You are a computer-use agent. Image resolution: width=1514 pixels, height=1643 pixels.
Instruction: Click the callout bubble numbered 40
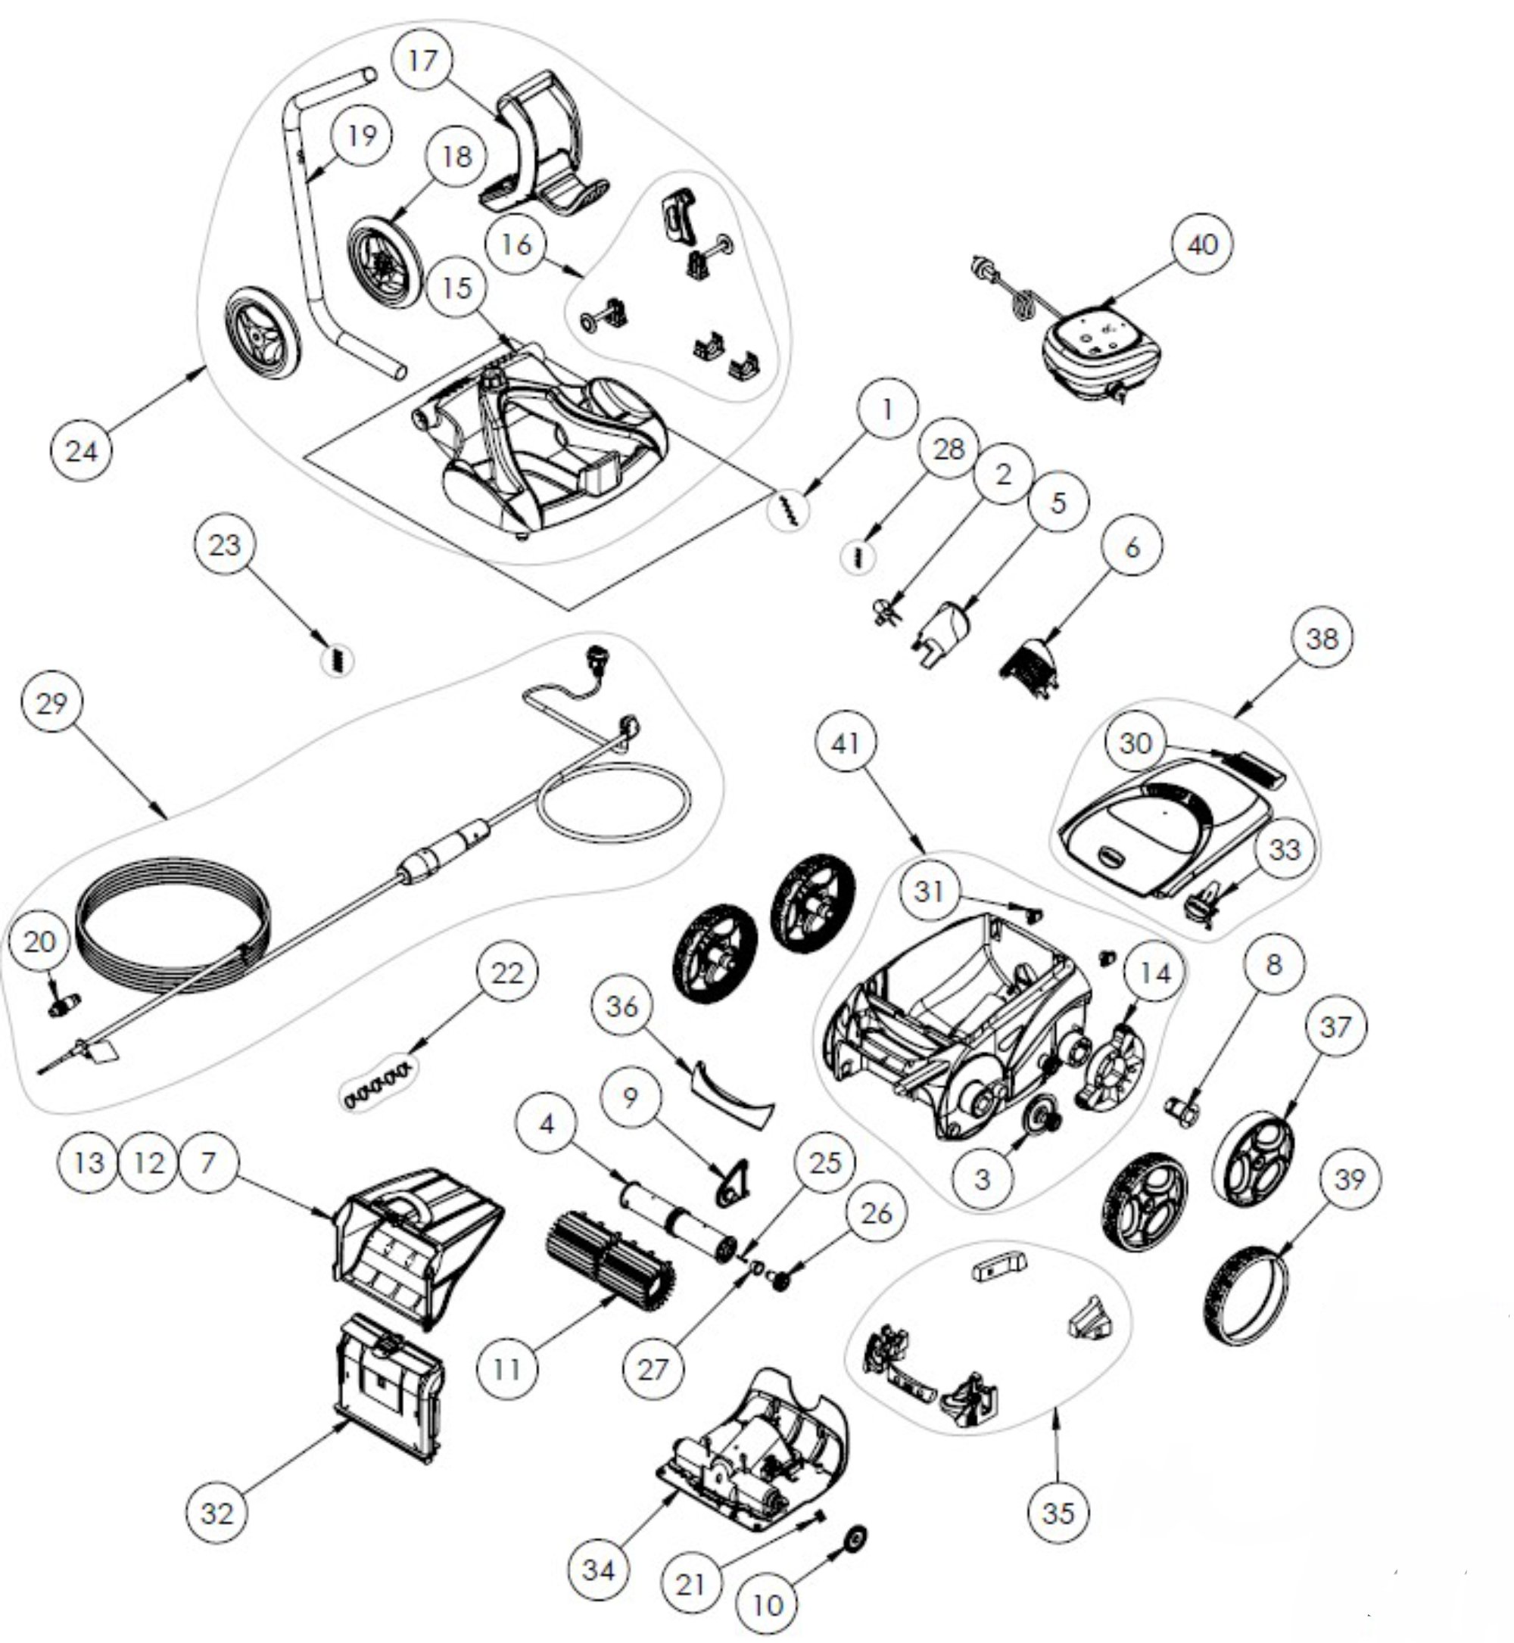(1202, 245)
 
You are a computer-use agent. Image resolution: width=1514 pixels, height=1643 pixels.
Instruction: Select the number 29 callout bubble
(51, 703)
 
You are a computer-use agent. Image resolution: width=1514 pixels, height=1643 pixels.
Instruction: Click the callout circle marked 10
(768, 1605)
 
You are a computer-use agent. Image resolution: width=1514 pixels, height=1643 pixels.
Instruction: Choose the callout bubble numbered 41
(846, 742)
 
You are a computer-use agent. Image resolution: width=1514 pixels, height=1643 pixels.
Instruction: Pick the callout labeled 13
(89, 1162)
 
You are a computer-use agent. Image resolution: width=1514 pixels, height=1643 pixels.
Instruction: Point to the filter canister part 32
(389, 1383)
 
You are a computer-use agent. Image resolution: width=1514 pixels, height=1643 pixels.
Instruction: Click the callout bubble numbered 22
(506, 972)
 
